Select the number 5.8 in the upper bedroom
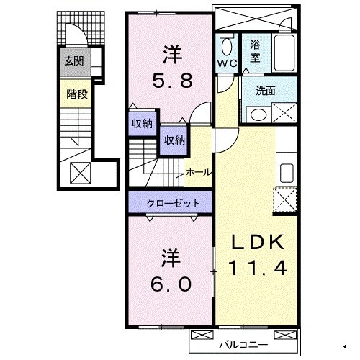pyautogui.click(x=171, y=81)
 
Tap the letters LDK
pyautogui.click(x=258, y=241)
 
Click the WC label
pyautogui.click(x=227, y=63)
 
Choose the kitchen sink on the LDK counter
pyautogui.click(x=286, y=174)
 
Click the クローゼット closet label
pyautogui.click(x=171, y=204)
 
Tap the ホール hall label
pyautogui.click(x=199, y=172)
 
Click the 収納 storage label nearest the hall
pyautogui.click(x=174, y=140)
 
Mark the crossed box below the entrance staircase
pyautogui.click(x=79, y=173)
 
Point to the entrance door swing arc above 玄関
pyautogui.click(x=73, y=36)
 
